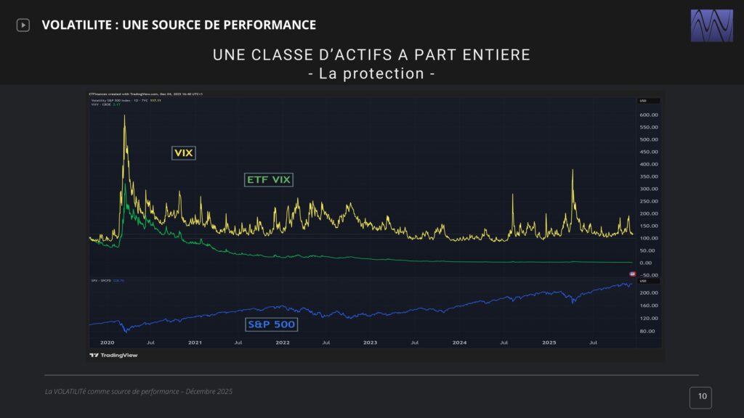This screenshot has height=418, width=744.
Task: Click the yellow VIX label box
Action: click(x=184, y=153)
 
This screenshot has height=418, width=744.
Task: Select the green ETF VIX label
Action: click(x=269, y=180)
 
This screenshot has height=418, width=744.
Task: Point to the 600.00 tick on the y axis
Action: click(x=649, y=115)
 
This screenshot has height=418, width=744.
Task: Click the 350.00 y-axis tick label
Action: click(x=649, y=176)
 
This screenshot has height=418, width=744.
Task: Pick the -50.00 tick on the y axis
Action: click(x=649, y=275)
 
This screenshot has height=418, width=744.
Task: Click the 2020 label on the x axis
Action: click(x=107, y=341)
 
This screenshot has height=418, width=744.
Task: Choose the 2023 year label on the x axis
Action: click(x=370, y=341)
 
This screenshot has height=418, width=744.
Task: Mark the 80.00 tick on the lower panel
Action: click(x=649, y=331)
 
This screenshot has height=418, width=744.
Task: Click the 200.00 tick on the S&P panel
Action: click(x=649, y=292)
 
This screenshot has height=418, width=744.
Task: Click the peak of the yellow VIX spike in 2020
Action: click(x=124, y=115)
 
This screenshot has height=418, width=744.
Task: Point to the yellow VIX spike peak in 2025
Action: click(x=573, y=170)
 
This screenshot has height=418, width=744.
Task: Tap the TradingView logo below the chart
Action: click(x=113, y=356)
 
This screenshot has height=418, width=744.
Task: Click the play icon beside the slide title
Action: click(x=23, y=25)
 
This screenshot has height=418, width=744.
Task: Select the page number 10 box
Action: click(x=701, y=397)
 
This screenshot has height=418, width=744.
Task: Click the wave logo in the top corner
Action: click(x=711, y=25)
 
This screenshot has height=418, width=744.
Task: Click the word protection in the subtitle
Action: click(x=392, y=73)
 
